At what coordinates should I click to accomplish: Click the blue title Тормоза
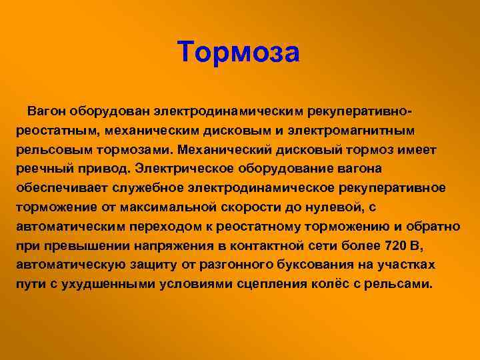[238, 51]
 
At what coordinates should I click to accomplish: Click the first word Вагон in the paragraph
[47, 111]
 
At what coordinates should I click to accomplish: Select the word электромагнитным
[351, 131]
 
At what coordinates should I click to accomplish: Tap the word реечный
[45, 169]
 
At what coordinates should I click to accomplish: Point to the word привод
[104, 169]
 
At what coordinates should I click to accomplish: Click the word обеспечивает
[61, 188]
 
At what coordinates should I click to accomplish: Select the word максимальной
[168, 207]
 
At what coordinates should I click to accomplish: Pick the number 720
[395, 245]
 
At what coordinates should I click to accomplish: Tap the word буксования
[315, 265]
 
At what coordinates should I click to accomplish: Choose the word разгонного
[236, 265]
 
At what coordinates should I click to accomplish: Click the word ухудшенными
[109, 285]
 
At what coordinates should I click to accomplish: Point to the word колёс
[330, 284]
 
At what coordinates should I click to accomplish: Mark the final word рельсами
[398, 285]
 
